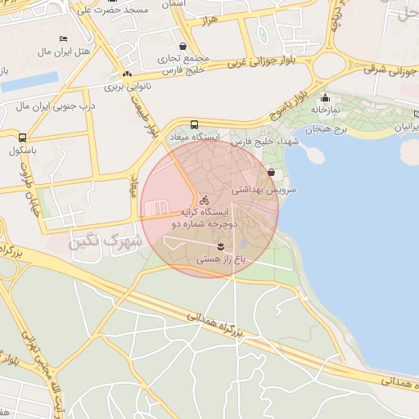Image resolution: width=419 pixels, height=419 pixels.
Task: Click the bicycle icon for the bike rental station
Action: coord(205,199)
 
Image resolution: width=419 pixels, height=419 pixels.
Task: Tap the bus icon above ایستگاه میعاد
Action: coord(194,125)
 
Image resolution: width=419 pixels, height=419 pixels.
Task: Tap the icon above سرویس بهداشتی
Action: coord(271,173)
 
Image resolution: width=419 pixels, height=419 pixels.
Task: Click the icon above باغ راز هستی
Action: coord(220,246)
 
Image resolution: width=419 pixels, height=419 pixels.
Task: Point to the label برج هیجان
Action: coord(327,130)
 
